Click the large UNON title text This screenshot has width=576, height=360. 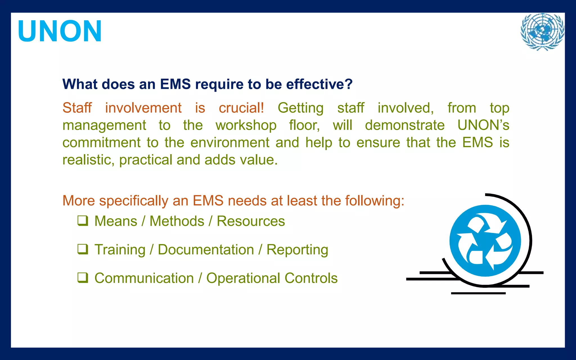59,31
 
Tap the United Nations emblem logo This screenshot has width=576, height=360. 542,32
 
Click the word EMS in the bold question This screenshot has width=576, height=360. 175,84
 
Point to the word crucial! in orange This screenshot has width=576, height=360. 241,108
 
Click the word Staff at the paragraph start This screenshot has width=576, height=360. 77,108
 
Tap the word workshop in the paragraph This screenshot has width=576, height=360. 246,125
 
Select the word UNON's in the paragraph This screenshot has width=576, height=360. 483,125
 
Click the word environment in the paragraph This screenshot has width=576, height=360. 230,143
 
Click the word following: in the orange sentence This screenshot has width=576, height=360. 375,201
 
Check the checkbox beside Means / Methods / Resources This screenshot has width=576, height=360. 83,221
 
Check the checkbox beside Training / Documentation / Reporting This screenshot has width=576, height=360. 83,249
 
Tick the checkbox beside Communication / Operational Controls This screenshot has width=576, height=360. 83,278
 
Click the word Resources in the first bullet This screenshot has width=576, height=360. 251,221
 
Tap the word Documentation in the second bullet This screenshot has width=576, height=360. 206,250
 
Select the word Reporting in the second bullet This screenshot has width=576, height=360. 297,250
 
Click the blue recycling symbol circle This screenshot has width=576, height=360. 485,241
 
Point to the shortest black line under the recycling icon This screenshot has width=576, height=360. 478,293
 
